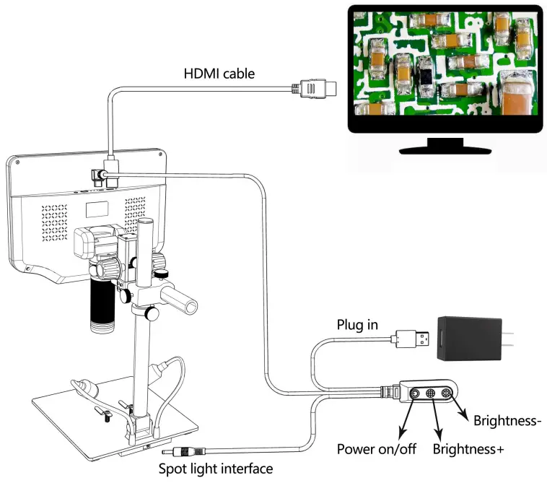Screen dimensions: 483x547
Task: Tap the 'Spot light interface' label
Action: coord(216,469)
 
